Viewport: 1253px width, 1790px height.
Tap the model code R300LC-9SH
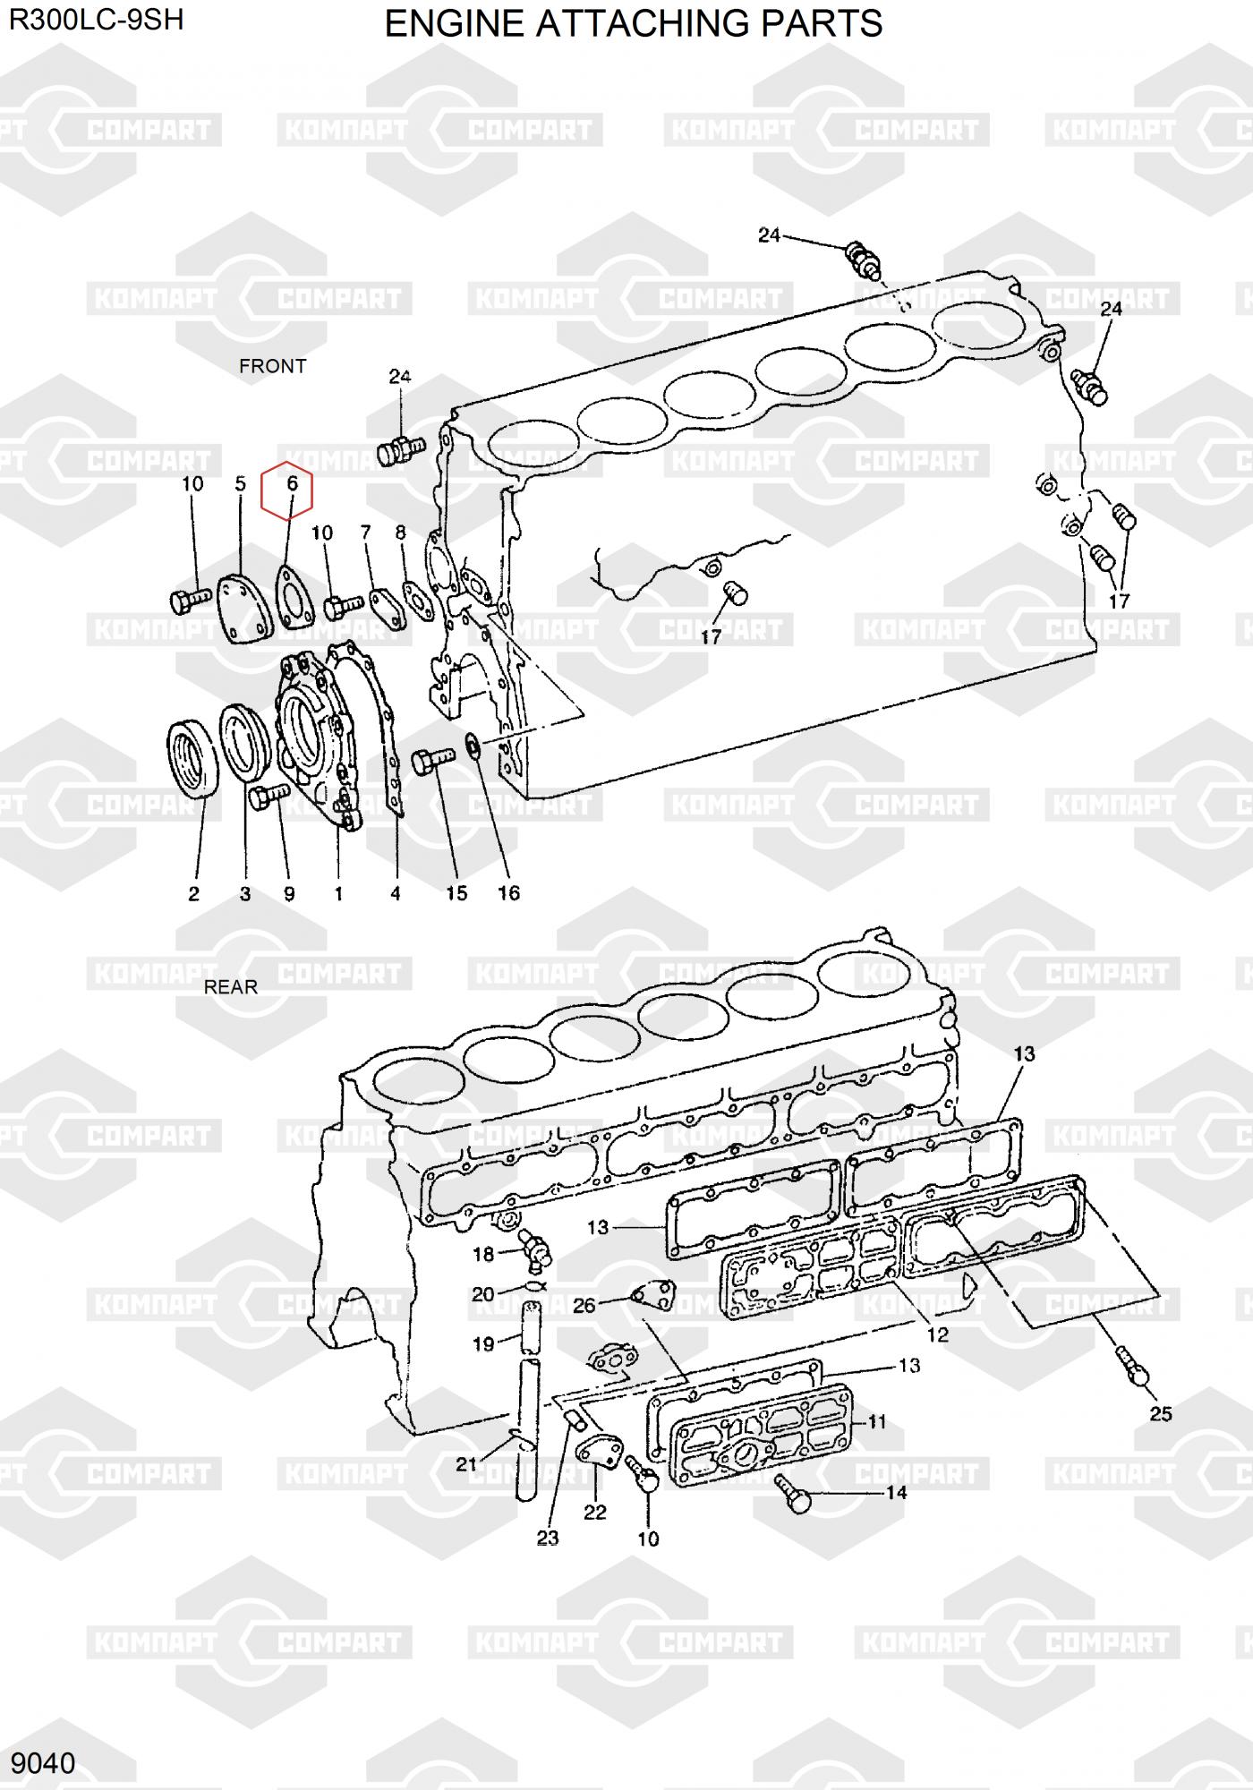point(96,19)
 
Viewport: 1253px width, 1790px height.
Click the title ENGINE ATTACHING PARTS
point(634,23)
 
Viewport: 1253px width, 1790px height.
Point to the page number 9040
point(43,1763)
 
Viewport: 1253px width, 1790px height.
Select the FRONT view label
point(273,366)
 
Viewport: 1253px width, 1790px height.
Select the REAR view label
point(231,987)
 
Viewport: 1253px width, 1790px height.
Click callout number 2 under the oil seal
point(193,893)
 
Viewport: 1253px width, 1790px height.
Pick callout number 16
point(508,892)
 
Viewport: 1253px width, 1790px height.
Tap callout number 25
point(1161,1414)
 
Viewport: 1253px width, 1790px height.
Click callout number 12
point(937,1334)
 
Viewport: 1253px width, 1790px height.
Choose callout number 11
point(877,1421)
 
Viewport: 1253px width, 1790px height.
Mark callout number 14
point(896,1492)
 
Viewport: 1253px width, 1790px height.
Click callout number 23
point(548,1538)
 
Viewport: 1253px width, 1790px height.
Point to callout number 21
point(466,1464)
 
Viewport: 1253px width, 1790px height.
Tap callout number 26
point(584,1306)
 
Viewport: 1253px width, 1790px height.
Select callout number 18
point(483,1254)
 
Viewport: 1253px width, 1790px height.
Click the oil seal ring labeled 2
point(192,761)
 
